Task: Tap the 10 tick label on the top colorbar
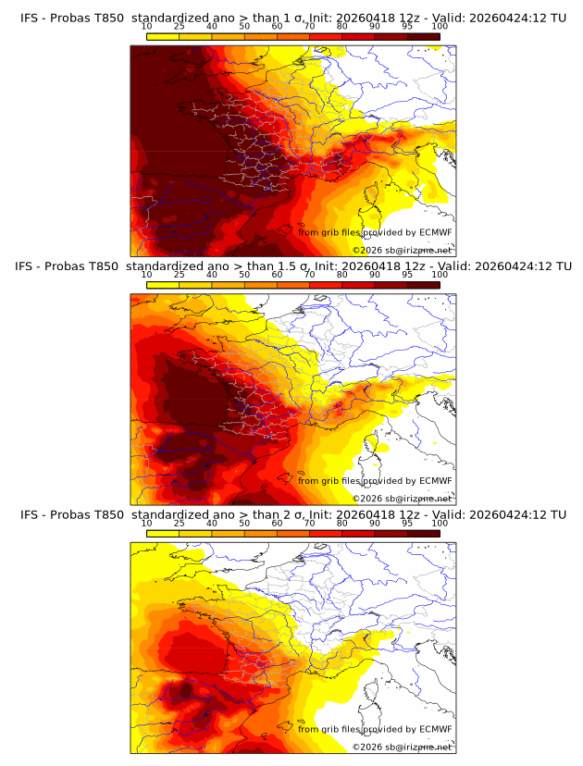[147, 28]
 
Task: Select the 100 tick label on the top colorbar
[440, 28]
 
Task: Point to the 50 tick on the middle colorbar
[244, 275]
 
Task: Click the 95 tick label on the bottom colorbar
[407, 523]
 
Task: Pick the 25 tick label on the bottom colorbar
[180, 523]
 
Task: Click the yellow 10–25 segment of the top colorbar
[163, 36]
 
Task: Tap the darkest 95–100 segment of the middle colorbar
[424, 284]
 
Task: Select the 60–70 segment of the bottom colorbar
[293, 532]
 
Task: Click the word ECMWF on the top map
[435, 232]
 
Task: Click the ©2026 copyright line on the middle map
[403, 498]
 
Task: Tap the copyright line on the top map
[403, 250]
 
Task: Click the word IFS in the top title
[31, 18]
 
